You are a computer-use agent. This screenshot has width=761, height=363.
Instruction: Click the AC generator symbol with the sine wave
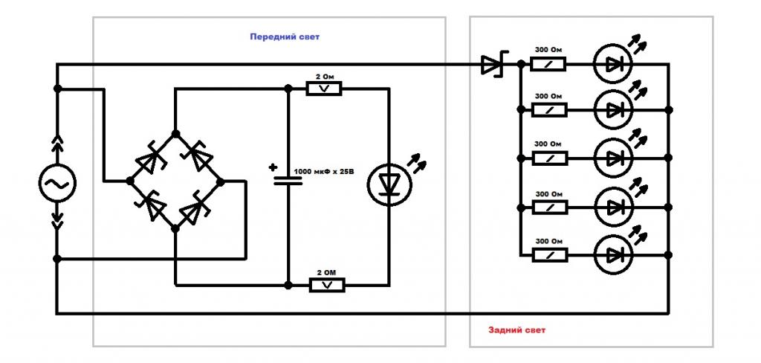[x=57, y=183]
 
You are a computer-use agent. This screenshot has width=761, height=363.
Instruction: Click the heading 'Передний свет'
[x=285, y=36]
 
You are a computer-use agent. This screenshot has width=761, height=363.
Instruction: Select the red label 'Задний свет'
[x=517, y=330]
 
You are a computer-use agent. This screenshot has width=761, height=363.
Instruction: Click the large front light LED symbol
[x=389, y=184]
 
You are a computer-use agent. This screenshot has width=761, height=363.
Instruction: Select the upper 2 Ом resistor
[x=324, y=89]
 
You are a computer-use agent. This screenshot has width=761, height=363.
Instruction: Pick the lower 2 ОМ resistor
[x=327, y=285]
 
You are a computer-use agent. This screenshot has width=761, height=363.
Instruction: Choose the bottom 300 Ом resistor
[x=550, y=254]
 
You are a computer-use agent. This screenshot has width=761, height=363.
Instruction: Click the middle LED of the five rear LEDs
[x=613, y=158]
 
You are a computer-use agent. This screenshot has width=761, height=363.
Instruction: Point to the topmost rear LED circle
[x=613, y=64]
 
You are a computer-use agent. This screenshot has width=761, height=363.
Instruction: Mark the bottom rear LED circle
[x=613, y=254]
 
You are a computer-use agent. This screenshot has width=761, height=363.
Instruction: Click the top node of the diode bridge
[x=175, y=134]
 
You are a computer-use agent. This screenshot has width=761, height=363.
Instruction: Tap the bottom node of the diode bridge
[x=175, y=228]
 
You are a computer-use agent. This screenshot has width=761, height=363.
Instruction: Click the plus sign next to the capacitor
[x=272, y=167]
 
